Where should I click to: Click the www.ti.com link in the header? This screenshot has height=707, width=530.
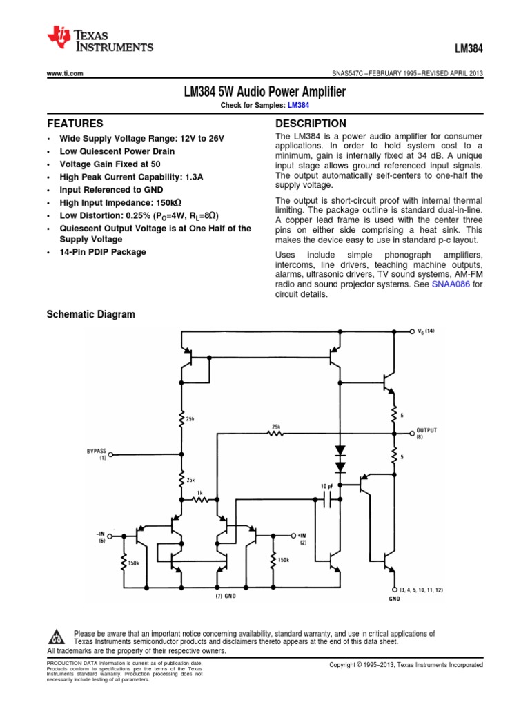(x=65, y=74)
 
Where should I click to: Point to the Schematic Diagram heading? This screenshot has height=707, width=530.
(x=90, y=315)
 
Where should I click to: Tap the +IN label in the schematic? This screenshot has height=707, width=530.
(x=302, y=535)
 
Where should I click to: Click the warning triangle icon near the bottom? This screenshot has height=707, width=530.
(x=57, y=637)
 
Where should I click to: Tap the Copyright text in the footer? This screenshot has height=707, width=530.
(x=406, y=664)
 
